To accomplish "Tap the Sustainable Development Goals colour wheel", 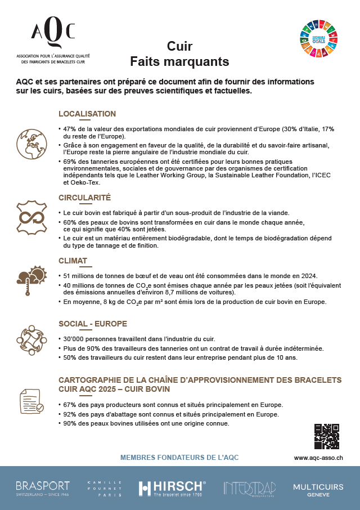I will click(x=319, y=38).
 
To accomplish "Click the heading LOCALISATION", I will click(x=87, y=114).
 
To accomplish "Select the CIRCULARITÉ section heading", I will click(x=85, y=198).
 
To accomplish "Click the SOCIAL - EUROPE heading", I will click(x=93, y=324).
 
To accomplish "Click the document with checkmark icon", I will click(x=31, y=400).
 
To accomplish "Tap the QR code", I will click(x=326, y=436).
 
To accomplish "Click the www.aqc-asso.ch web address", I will click(x=319, y=458).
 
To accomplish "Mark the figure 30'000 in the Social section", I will click(x=74, y=339).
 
